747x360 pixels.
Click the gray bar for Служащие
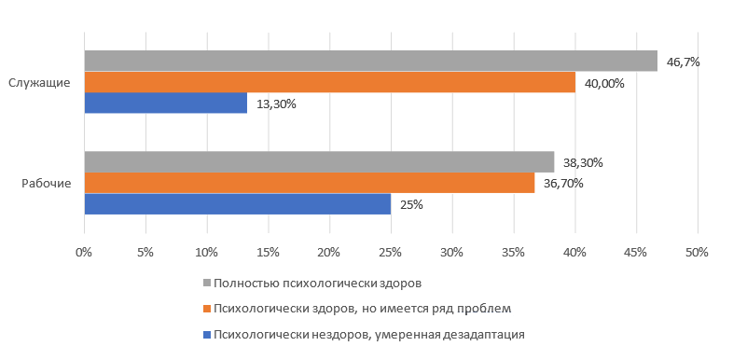tap(370, 61)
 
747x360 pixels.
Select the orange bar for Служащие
tap(329, 82)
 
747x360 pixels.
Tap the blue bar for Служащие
tap(166, 104)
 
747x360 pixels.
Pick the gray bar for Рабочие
tap(319, 161)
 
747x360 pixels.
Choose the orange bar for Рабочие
tap(310, 183)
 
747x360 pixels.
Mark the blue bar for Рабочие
tap(238, 204)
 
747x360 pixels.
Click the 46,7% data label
tap(683, 62)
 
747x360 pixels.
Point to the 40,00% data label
tap(604, 83)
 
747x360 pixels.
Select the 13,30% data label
tap(276, 104)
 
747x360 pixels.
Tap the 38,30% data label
tap(583, 162)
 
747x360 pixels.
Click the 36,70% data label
tap(563, 184)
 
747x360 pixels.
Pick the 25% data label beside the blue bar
tap(411, 204)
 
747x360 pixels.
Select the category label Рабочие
tap(47, 183)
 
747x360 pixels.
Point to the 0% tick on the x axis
tap(84, 252)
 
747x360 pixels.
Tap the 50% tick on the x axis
tap(697, 252)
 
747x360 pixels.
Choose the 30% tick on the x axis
tap(451, 252)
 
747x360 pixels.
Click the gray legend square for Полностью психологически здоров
tap(207, 282)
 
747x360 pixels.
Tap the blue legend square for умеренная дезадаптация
tap(207, 333)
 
